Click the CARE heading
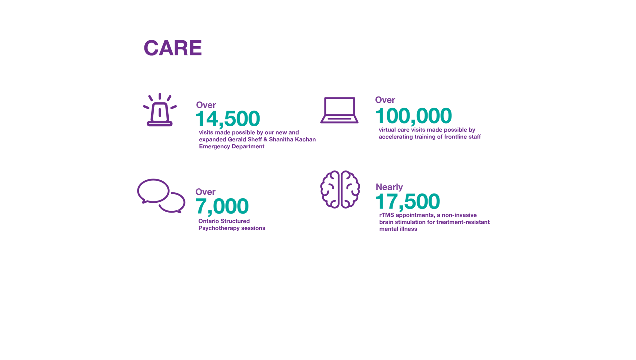coord(173,48)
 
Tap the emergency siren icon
coord(160,110)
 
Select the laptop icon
coord(339,110)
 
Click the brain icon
coord(340,189)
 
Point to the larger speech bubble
coord(153,191)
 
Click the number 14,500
coord(228,119)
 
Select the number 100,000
coord(413,116)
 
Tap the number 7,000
coord(222,206)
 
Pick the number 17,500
coord(407,201)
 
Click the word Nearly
coord(389,187)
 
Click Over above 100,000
coord(385,100)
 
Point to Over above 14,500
coord(206,105)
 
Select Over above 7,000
coord(205,192)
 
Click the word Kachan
coord(305,140)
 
